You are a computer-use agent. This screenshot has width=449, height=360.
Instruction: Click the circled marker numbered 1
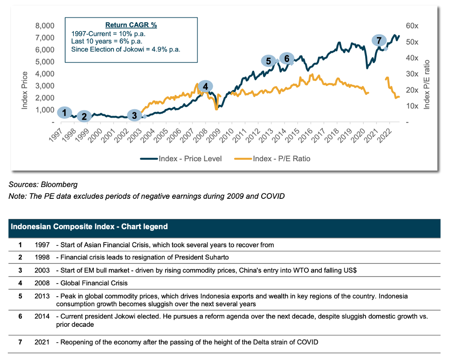coord(64,112)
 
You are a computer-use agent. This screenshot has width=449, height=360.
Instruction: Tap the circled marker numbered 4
coord(205,87)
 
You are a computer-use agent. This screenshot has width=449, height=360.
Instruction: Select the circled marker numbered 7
coord(379,41)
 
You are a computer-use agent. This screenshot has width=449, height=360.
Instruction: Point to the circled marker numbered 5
coord(269,61)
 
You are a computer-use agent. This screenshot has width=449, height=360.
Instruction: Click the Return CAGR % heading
coord(131,25)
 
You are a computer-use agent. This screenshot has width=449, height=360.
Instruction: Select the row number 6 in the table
coord(20,316)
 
